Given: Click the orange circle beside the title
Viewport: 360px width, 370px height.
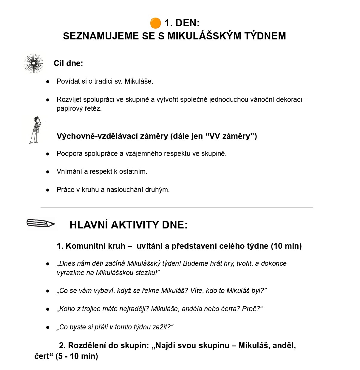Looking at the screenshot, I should point(155,23).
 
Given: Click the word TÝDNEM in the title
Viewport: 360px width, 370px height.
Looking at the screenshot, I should point(265,36).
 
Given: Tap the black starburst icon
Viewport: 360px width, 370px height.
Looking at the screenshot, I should point(33,63).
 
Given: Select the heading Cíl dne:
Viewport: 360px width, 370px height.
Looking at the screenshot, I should point(68,63).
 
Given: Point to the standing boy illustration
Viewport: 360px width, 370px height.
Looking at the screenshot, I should point(35,130).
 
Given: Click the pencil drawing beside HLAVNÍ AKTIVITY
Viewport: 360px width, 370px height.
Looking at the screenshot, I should point(41,223).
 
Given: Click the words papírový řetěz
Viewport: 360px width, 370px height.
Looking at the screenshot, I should point(79,108).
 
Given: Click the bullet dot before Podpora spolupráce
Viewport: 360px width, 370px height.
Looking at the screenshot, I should point(48,154).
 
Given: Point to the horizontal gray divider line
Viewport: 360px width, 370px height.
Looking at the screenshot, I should point(177,208).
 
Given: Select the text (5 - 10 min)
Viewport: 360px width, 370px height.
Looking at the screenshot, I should point(77,356).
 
